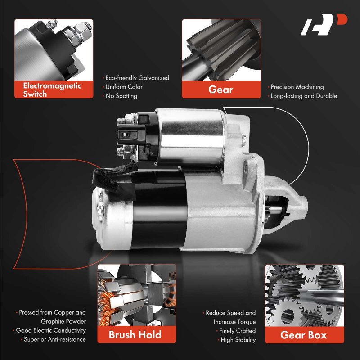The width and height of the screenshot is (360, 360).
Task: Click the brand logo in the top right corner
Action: point(324,25)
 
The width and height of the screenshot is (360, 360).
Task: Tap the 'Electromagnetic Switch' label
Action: point(52,90)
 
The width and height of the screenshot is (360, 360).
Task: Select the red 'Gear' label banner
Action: point(221,89)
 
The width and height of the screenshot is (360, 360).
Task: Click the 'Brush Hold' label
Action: point(135,334)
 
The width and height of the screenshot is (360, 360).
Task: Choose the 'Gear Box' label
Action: point(303,335)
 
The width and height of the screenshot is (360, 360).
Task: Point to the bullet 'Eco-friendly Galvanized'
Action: point(136,78)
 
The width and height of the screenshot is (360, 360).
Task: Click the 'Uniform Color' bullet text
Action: point(122,87)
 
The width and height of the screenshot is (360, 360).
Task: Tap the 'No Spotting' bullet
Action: point(120,96)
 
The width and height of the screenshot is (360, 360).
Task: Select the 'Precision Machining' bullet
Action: point(296,87)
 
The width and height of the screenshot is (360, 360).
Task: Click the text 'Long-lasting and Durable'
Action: point(302,96)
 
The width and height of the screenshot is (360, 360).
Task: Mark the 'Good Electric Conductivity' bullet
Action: point(49,330)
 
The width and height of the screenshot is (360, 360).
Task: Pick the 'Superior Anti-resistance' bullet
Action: point(53,339)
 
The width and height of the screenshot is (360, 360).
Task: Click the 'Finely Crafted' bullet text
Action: point(236,331)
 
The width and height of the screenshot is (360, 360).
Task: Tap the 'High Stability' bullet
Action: point(237,340)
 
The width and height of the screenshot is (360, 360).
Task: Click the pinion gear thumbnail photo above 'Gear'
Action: point(221,50)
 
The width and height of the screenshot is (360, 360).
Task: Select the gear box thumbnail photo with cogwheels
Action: point(305,296)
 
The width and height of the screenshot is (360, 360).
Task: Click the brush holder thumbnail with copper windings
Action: point(137,295)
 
